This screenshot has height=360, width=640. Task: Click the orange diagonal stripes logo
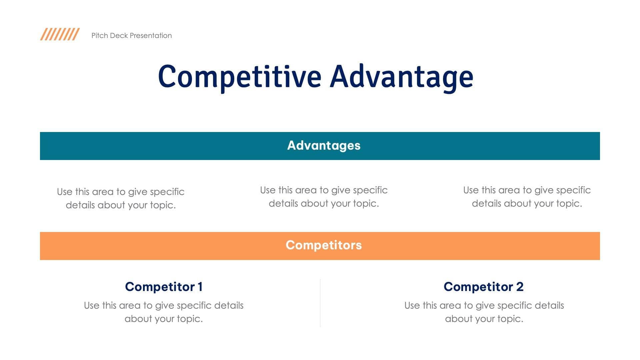coord(60,34)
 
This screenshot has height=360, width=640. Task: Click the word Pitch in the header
coord(99,36)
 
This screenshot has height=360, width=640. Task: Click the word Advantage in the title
coord(401,77)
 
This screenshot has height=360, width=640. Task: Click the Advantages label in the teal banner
coord(324,146)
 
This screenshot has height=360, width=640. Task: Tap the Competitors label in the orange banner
coord(324,245)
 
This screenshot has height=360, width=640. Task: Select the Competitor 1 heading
coord(164,287)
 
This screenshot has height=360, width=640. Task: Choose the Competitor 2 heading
coord(483,287)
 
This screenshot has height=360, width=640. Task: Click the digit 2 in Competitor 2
coord(520,287)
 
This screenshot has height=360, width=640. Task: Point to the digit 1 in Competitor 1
coord(200,287)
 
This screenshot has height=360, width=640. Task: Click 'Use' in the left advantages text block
coord(64,192)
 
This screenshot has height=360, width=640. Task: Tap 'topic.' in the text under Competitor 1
coord(190,319)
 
